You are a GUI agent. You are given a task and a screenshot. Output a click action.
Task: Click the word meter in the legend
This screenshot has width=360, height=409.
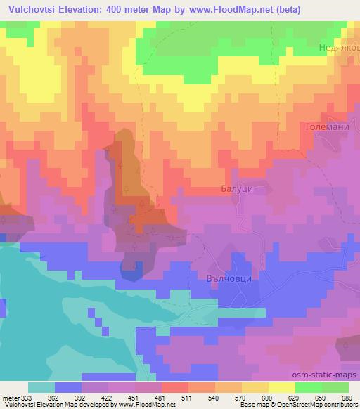tap(11, 397)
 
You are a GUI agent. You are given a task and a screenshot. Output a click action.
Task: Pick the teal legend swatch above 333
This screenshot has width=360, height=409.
tap(41, 387)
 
